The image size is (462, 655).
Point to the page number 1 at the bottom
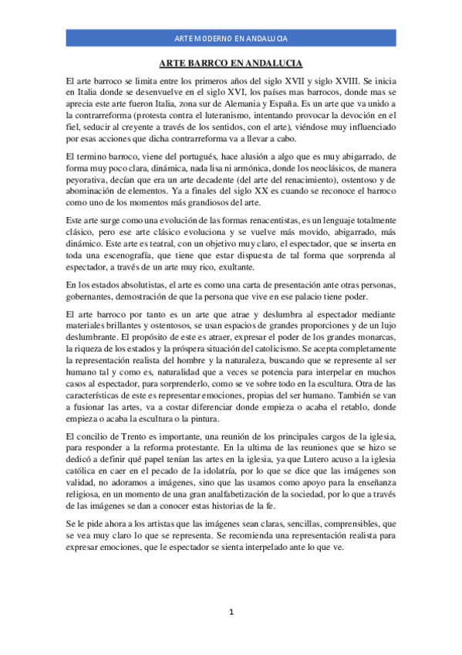pos(231,613)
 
